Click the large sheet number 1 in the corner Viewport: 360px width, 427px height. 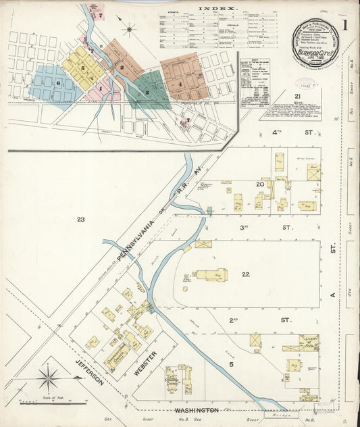(x=344, y=27)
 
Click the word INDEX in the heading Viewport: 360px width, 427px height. (x=217, y=9)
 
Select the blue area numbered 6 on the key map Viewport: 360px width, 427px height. (x=59, y=83)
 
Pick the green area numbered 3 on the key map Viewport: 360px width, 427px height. (x=147, y=92)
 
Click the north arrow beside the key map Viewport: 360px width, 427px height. (x=128, y=28)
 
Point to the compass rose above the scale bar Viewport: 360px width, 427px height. (x=47, y=378)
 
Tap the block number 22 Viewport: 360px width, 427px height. (x=246, y=274)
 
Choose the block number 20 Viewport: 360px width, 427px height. (x=259, y=184)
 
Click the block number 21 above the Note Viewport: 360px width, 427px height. (x=297, y=97)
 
